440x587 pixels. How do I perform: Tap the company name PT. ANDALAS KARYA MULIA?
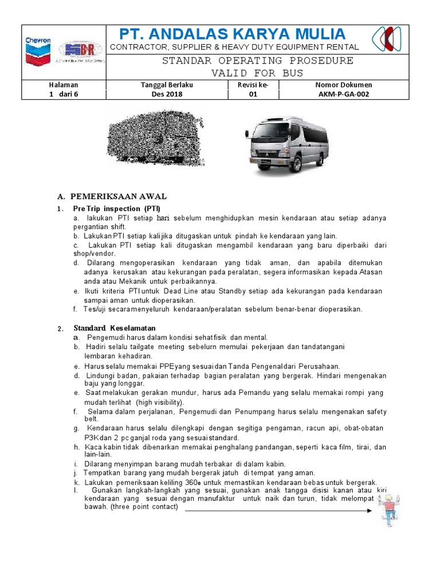232,34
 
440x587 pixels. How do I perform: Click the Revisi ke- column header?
252,85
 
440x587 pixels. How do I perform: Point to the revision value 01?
252,95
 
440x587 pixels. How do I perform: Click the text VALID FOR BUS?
257,73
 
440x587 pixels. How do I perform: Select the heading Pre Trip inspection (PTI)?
117,208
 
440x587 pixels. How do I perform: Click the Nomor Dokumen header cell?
343,85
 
